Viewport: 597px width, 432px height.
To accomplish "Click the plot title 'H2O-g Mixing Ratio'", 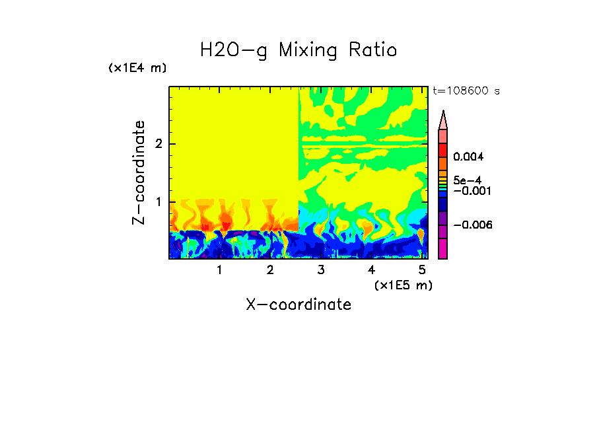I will click(298, 50).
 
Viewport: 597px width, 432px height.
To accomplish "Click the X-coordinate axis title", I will click(298, 305).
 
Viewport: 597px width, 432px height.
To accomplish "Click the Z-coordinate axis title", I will click(139, 172).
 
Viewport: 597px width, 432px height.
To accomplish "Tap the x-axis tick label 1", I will click(219, 270).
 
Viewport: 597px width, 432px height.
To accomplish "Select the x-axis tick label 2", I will click(270, 270).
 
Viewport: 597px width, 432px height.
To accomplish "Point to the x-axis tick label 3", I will click(321, 270).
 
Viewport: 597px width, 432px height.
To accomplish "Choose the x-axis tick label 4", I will click(371, 270).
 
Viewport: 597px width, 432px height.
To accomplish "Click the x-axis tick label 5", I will click(422, 270).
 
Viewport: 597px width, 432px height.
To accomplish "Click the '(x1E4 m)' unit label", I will click(137, 68).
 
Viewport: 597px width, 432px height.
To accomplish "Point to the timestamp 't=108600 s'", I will click(466, 91).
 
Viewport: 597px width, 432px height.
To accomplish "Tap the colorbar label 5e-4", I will click(467, 180).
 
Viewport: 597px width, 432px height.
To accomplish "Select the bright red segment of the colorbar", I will click(443, 149).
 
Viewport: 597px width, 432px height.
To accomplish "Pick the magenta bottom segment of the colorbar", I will click(443, 248).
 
